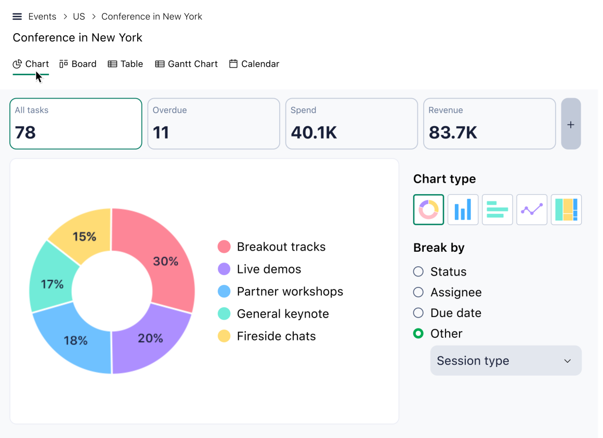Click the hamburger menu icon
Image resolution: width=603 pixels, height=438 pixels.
click(x=17, y=17)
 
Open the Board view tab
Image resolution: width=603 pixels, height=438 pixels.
click(x=77, y=64)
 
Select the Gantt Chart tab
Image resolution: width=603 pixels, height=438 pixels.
click(x=186, y=64)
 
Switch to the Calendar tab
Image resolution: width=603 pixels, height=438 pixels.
click(x=254, y=64)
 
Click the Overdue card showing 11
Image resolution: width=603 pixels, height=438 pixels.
click(x=214, y=124)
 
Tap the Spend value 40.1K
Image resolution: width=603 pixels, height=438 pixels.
click(x=313, y=132)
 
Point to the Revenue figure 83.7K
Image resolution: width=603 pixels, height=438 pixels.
click(x=453, y=132)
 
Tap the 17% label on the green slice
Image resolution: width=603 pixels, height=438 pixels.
click(x=52, y=284)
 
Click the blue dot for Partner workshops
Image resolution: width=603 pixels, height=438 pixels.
click(x=224, y=291)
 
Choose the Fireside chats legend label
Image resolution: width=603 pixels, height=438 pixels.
click(x=276, y=336)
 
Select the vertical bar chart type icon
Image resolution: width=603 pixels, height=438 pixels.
click(x=463, y=210)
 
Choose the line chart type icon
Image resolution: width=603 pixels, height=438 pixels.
click(x=531, y=210)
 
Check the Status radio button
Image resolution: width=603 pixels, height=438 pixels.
click(x=418, y=271)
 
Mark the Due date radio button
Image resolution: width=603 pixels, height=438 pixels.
click(x=418, y=313)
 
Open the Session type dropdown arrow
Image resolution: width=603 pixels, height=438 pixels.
click(x=567, y=361)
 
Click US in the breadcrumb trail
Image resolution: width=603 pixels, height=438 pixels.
click(x=79, y=17)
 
